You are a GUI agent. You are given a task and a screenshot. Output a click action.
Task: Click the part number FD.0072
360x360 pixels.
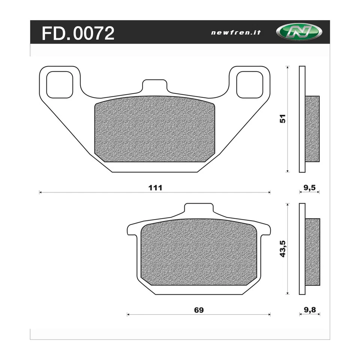[78, 33]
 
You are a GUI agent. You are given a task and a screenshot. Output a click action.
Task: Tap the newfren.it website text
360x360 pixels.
[236, 33]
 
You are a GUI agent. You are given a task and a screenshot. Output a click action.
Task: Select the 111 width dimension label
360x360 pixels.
[155, 187]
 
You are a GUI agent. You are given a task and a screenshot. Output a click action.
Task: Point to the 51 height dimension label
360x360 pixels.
[283, 119]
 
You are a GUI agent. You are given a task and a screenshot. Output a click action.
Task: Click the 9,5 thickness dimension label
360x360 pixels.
[309, 187]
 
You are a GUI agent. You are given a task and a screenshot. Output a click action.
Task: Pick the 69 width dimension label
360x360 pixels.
[199, 310]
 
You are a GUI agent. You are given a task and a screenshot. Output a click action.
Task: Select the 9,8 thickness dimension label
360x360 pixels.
[309, 310]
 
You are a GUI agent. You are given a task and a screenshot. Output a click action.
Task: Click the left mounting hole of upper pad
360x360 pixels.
[59, 84]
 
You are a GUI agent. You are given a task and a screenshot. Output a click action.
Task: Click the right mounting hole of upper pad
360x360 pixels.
[250, 84]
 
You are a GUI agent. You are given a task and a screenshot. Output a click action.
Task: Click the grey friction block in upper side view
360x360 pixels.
[312, 129]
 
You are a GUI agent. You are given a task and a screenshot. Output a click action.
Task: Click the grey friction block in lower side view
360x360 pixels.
[312, 252]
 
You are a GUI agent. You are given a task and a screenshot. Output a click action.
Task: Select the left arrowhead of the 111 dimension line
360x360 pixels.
[40, 192]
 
